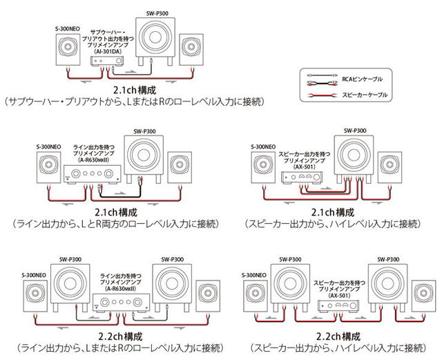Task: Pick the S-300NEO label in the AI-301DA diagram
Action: pos(67,29)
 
